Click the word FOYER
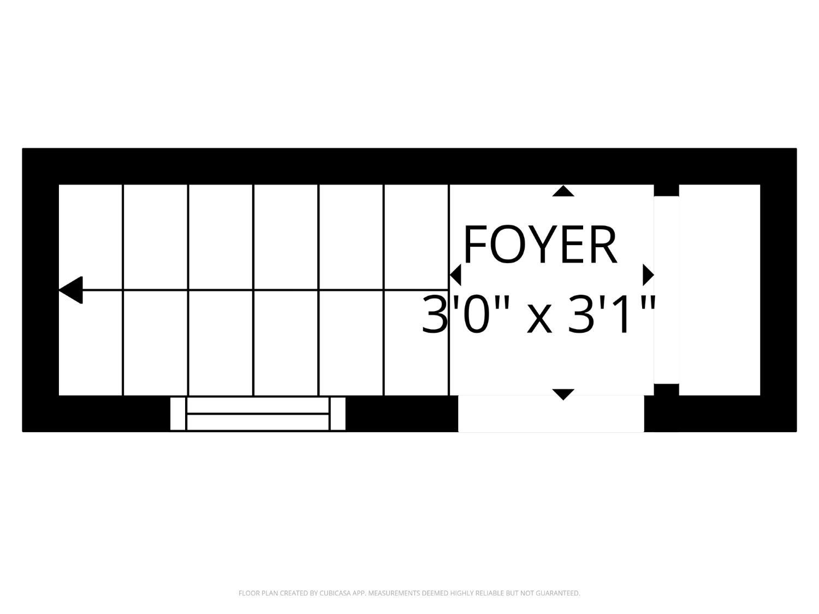(x=540, y=245)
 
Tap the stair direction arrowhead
(x=70, y=290)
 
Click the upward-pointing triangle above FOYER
(x=563, y=191)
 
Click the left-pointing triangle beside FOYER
(x=455, y=275)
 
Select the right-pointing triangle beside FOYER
(x=648, y=275)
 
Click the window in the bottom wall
(x=258, y=414)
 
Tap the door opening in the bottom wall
(x=551, y=414)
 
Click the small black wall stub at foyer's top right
(x=666, y=190)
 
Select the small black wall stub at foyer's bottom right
(x=666, y=390)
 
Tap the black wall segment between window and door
(x=402, y=414)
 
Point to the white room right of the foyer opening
(x=720, y=290)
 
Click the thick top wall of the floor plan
(x=410, y=166)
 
